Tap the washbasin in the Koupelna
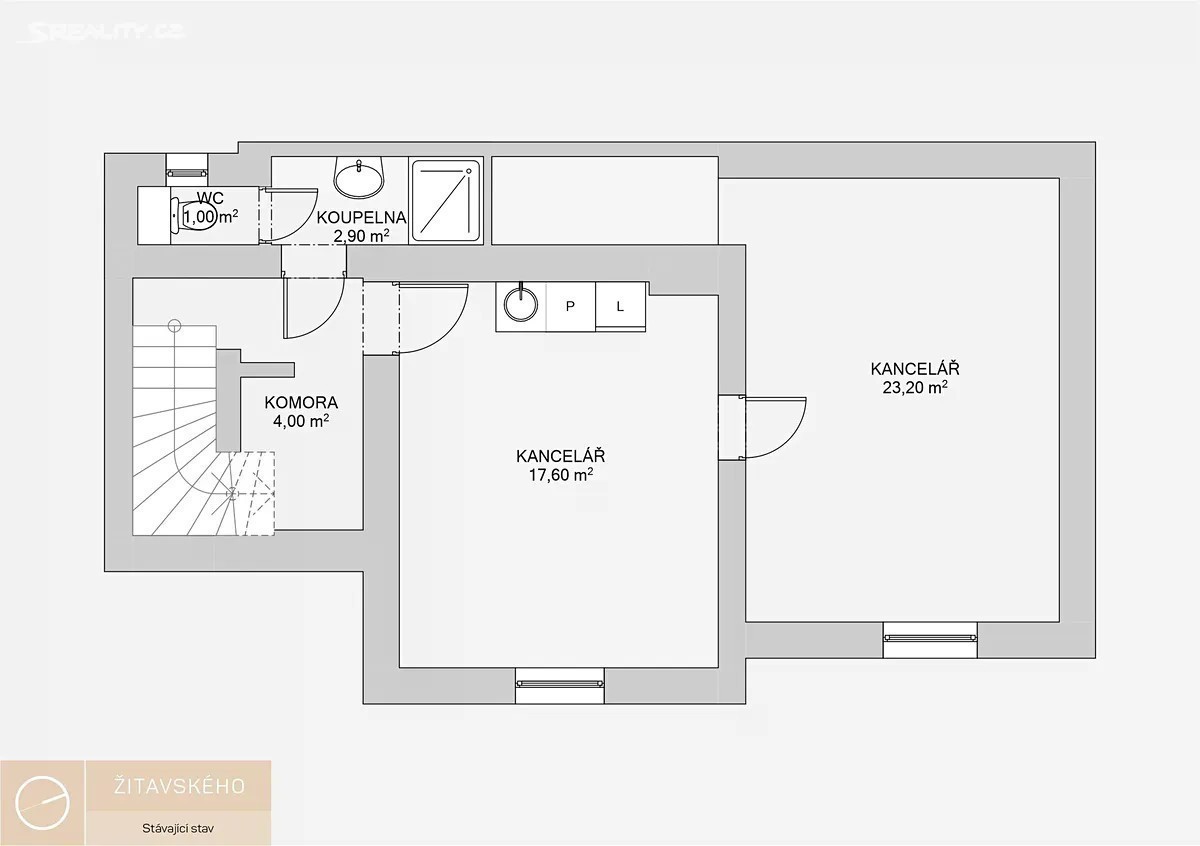(x=359, y=177)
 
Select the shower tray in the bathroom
(x=446, y=201)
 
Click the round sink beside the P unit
(x=520, y=304)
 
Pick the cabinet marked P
(x=571, y=307)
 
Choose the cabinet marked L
(x=620, y=307)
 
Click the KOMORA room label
(x=301, y=402)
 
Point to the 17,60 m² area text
(x=561, y=475)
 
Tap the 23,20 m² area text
(x=915, y=387)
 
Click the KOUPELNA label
(x=362, y=218)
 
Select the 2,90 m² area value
(x=362, y=236)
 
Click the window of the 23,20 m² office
(x=930, y=640)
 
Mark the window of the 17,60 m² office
(x=560, y=685)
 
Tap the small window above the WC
(x=186, y=170)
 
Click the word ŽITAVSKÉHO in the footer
(x=179, y=787)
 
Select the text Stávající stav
(x=178, y=828)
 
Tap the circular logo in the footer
(x=42, y=803)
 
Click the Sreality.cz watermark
(x=102, y=32)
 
